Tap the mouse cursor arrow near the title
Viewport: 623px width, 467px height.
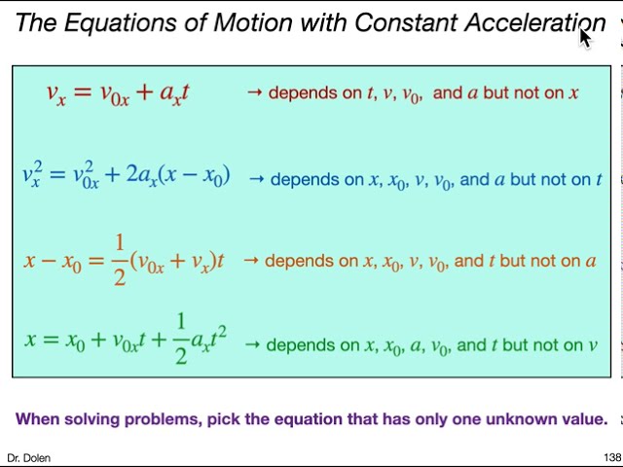click(x=584, y=37)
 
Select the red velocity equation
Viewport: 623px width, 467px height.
click(x=118, y=93)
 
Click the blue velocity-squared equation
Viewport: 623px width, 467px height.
click(x=126, y=176)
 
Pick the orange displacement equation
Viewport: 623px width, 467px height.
click(x=125, y=260)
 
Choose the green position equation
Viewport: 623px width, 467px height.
click(x=126, y=340)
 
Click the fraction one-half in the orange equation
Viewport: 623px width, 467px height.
click(x=120, y=260)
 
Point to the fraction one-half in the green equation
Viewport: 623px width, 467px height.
click(x=181, y=340)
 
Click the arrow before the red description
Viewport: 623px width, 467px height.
click(x=255, y=93)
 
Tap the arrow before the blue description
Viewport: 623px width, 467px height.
click(x=257, y=179)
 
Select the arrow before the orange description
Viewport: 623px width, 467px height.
click(x=251, y=261)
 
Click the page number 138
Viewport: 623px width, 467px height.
click(x=611, y=457)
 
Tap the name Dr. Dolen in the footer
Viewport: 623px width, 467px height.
click(x=28, y=457)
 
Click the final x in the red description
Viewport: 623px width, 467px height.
click(x=574, y=93)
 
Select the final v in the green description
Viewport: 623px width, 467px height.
click(x=592, y=345)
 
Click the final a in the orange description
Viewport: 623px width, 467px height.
click(x=590, y=261)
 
